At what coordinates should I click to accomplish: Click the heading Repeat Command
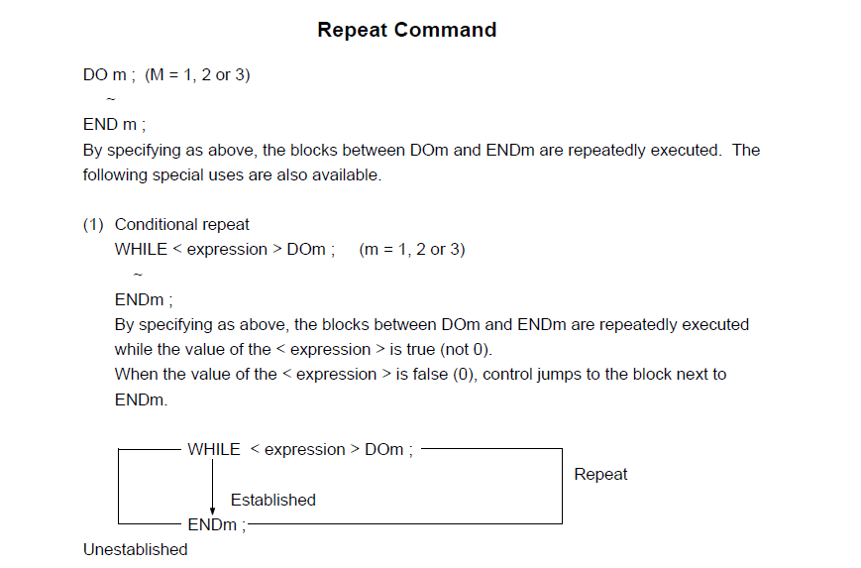tap(407, 30)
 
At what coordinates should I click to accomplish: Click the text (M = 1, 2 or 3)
tap(197, 74)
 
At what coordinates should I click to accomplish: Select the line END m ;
tap(114, 125)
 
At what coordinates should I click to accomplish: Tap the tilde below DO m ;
tap(111, 99)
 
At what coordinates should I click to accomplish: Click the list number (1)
tap(93, 225)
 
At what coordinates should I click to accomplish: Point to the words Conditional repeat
tap(181, 225)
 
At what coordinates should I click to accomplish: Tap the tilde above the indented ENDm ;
tap(138, 275)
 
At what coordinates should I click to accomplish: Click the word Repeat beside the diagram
tap(600, 475)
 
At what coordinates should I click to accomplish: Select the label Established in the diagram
tap(272, 500)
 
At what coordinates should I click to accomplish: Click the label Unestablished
tap(135, 549)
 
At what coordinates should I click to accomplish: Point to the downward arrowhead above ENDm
tap(212, 511)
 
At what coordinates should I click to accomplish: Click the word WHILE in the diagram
tap(214, 449)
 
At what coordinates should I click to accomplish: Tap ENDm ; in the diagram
tap(217, 525)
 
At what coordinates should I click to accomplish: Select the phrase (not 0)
tap(467, 350)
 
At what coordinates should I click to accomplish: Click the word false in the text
tap(430, 375)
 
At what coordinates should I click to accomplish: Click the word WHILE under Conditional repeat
tap(141, 250)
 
